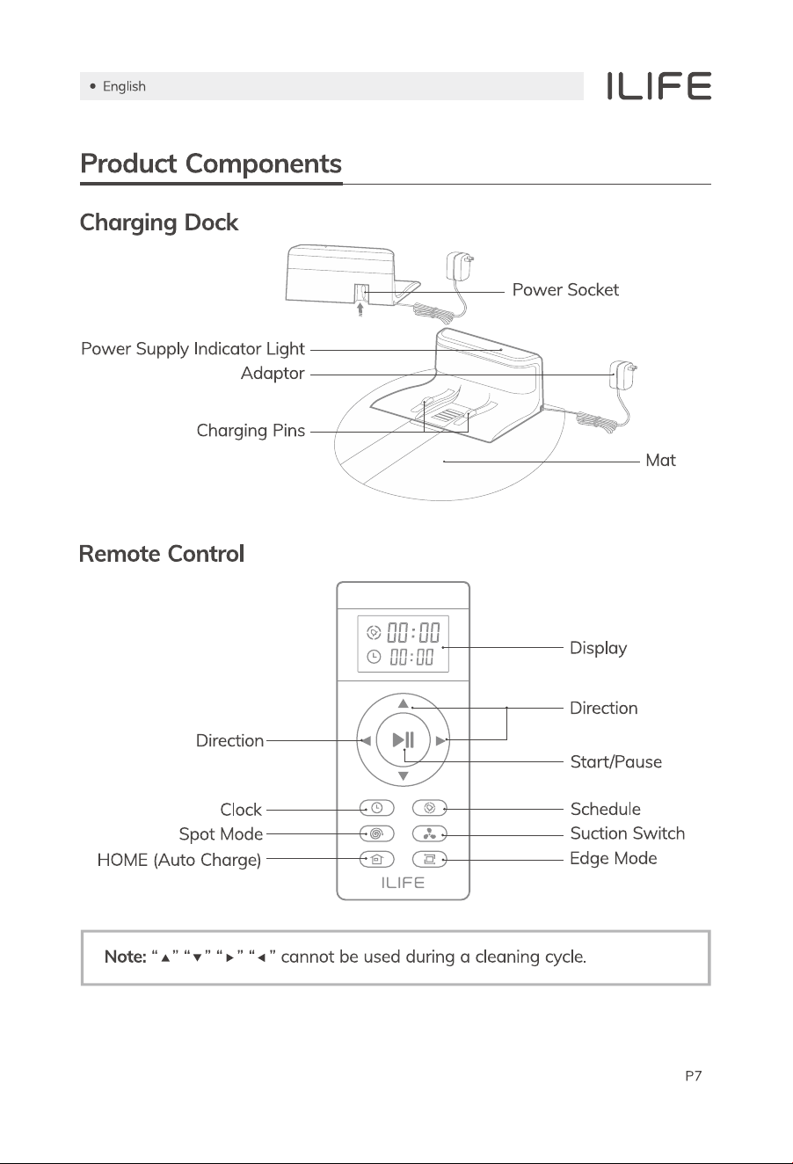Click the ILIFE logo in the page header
point(658,86)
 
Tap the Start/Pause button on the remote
point(404,739)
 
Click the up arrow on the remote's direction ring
point(404,703)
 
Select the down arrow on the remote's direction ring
point(404,776)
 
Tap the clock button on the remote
point(377,808)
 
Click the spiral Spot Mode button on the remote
point(377,833)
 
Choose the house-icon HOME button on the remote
point(377,859)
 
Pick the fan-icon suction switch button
point(430,833)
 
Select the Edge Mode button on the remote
point(430,859)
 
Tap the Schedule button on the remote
point(430,808)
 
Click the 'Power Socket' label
point(565,289)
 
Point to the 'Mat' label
point(660,460)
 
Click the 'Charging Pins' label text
point(251,431)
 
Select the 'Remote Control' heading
point(162,553)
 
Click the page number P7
point(694,1076)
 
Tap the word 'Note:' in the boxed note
point(125,957)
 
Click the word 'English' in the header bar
point(124,86)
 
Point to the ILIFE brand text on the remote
point(403,883)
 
